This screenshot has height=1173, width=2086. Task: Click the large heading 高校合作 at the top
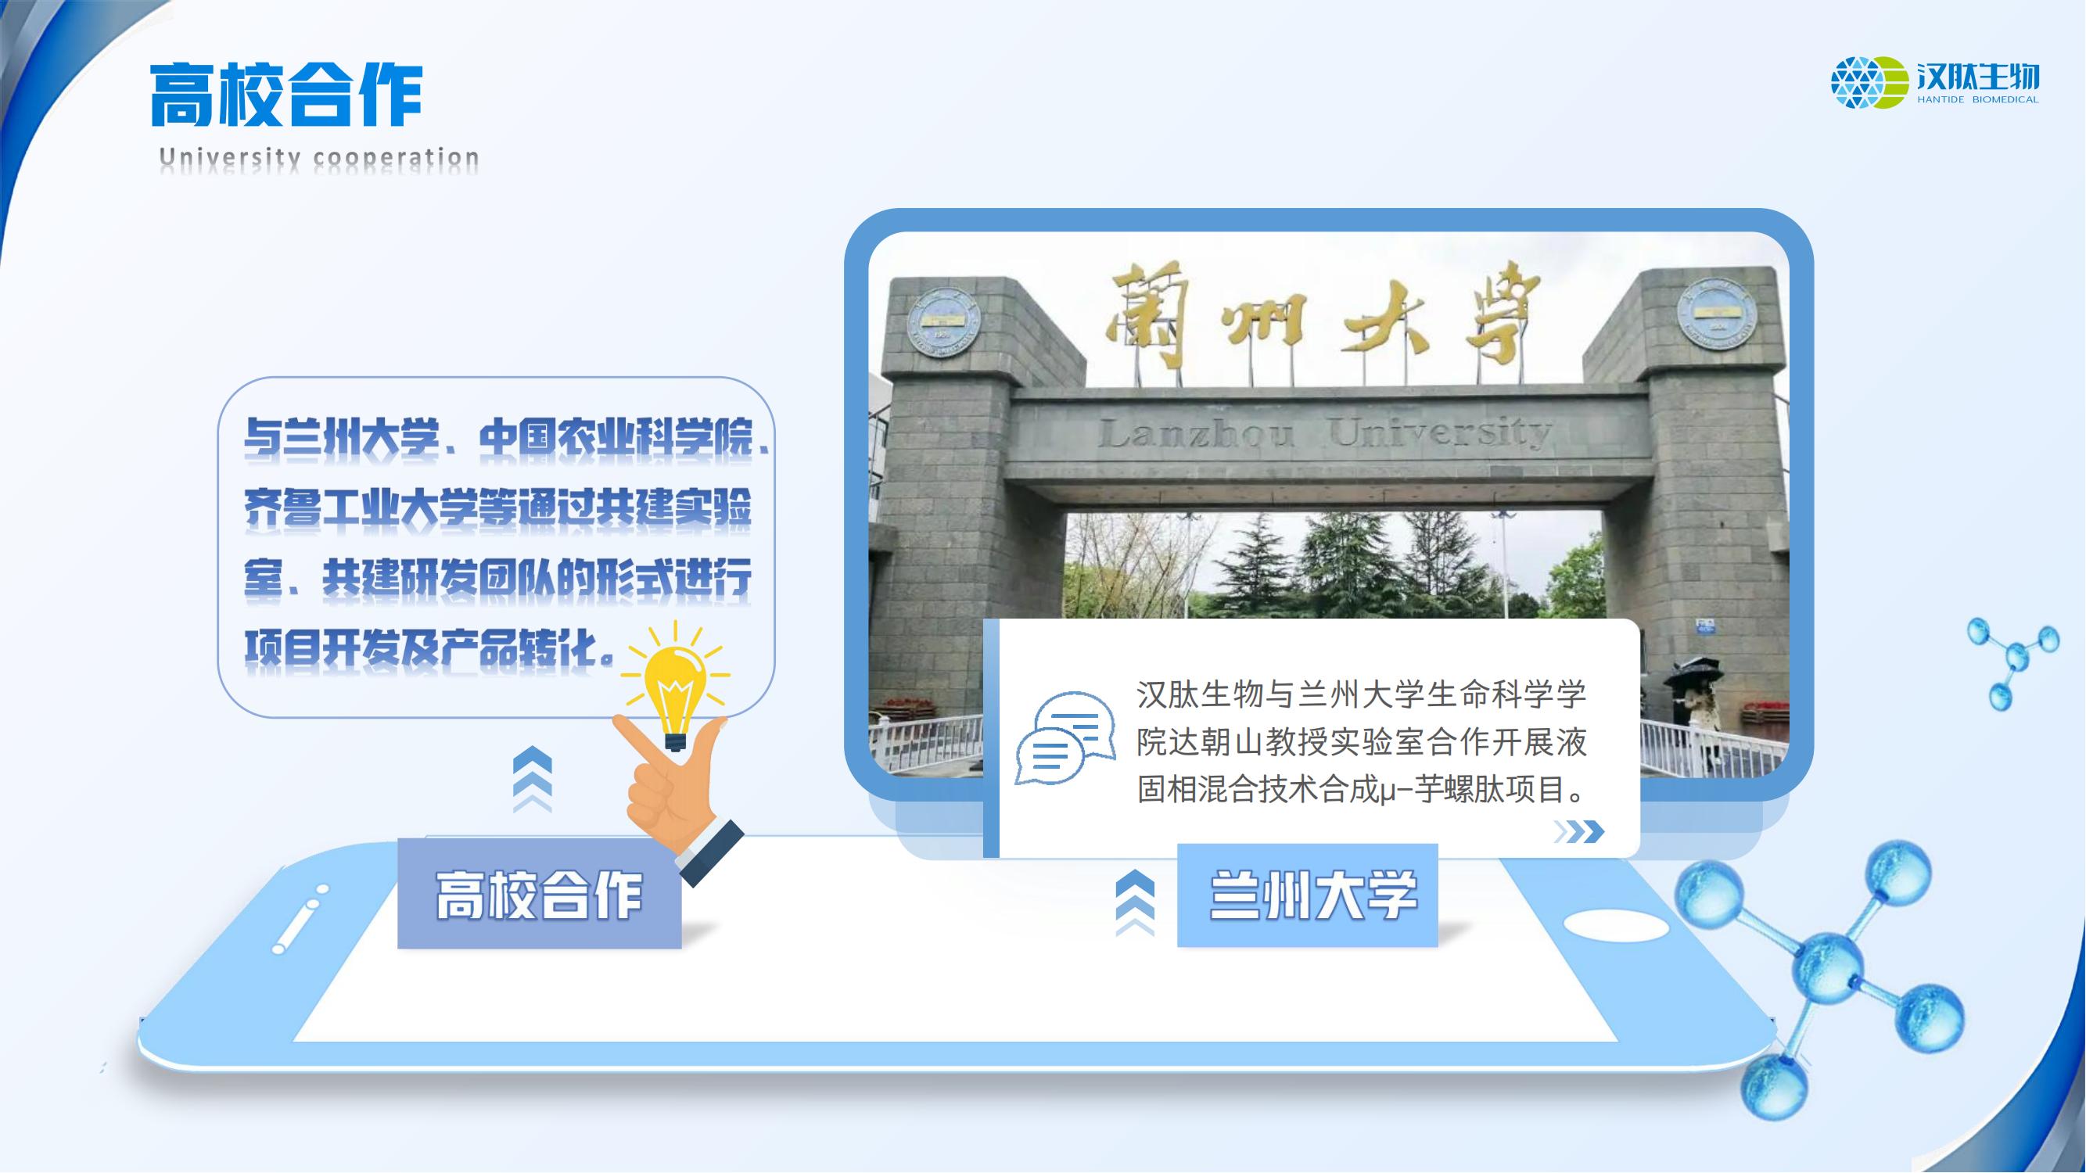pos(287,95)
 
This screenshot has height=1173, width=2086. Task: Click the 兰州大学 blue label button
pos(1307,895)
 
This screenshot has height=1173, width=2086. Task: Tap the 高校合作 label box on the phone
pos(540,895)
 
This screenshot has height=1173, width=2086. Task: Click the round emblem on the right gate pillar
pos(1718,314)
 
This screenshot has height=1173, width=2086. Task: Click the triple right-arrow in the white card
pos(1578,831)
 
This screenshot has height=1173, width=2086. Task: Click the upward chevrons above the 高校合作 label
pos(533,780)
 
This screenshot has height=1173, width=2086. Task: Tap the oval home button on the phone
pos(1615,924)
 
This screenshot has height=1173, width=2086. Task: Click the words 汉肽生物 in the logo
pos(1977,77)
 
